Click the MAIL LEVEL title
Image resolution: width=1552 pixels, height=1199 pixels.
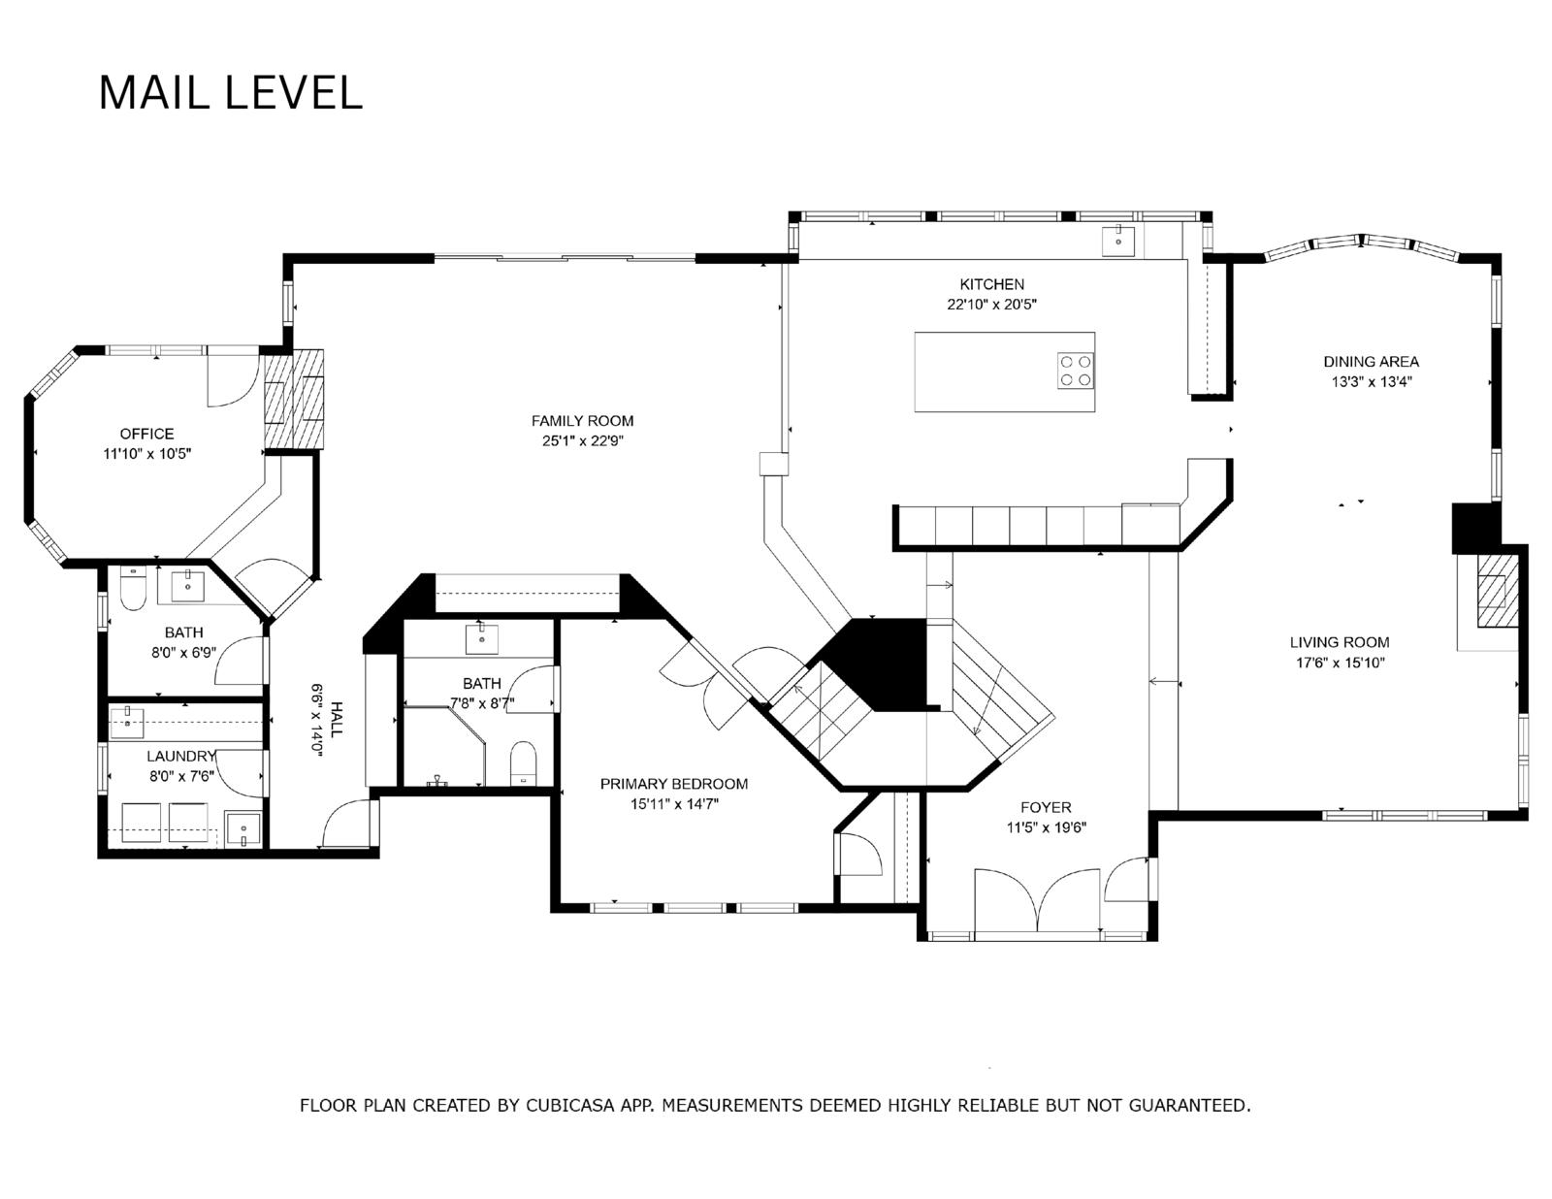pyautogui.click(x=231, y=93)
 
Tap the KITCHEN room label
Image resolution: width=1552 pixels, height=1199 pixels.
pyautogui.click(x=991, y=284)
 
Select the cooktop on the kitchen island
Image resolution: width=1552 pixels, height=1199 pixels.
pyautogui.click(x=1076, y=372)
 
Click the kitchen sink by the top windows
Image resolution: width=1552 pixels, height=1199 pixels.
pyautogui.click(x=1118, y=241)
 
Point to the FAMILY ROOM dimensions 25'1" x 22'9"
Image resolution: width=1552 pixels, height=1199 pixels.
pyautogui.click(x=583, y=441)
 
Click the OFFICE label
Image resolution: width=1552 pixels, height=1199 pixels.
pyautogui.click(x=147, y=434)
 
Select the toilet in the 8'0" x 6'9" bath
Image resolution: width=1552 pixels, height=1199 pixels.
pyautogui.click(x=133, y=588)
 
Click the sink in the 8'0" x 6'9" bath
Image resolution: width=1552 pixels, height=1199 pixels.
pyautogui.click(x=188, y=587)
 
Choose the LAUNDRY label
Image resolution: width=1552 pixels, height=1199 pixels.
pyautogui.click(x=181, y=757)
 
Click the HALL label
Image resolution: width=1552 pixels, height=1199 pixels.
pyautogui.click(x=337, y=719)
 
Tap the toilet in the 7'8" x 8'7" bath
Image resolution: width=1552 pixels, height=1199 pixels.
pyautogui.click(x=524, y=763)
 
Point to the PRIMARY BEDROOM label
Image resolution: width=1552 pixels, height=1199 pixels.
pyautogui.click(x=674, y=784)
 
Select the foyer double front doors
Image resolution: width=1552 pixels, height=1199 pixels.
pyautogui.click(x=1037, y=900)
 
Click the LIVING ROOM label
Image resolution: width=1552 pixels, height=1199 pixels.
pyautogui.click(x=1340, y=643)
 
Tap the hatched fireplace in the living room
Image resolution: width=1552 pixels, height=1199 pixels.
pyautogui.click(x=1497, y=592)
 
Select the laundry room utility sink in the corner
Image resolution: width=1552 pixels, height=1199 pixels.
pyautogui.click(x=242, y=829)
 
